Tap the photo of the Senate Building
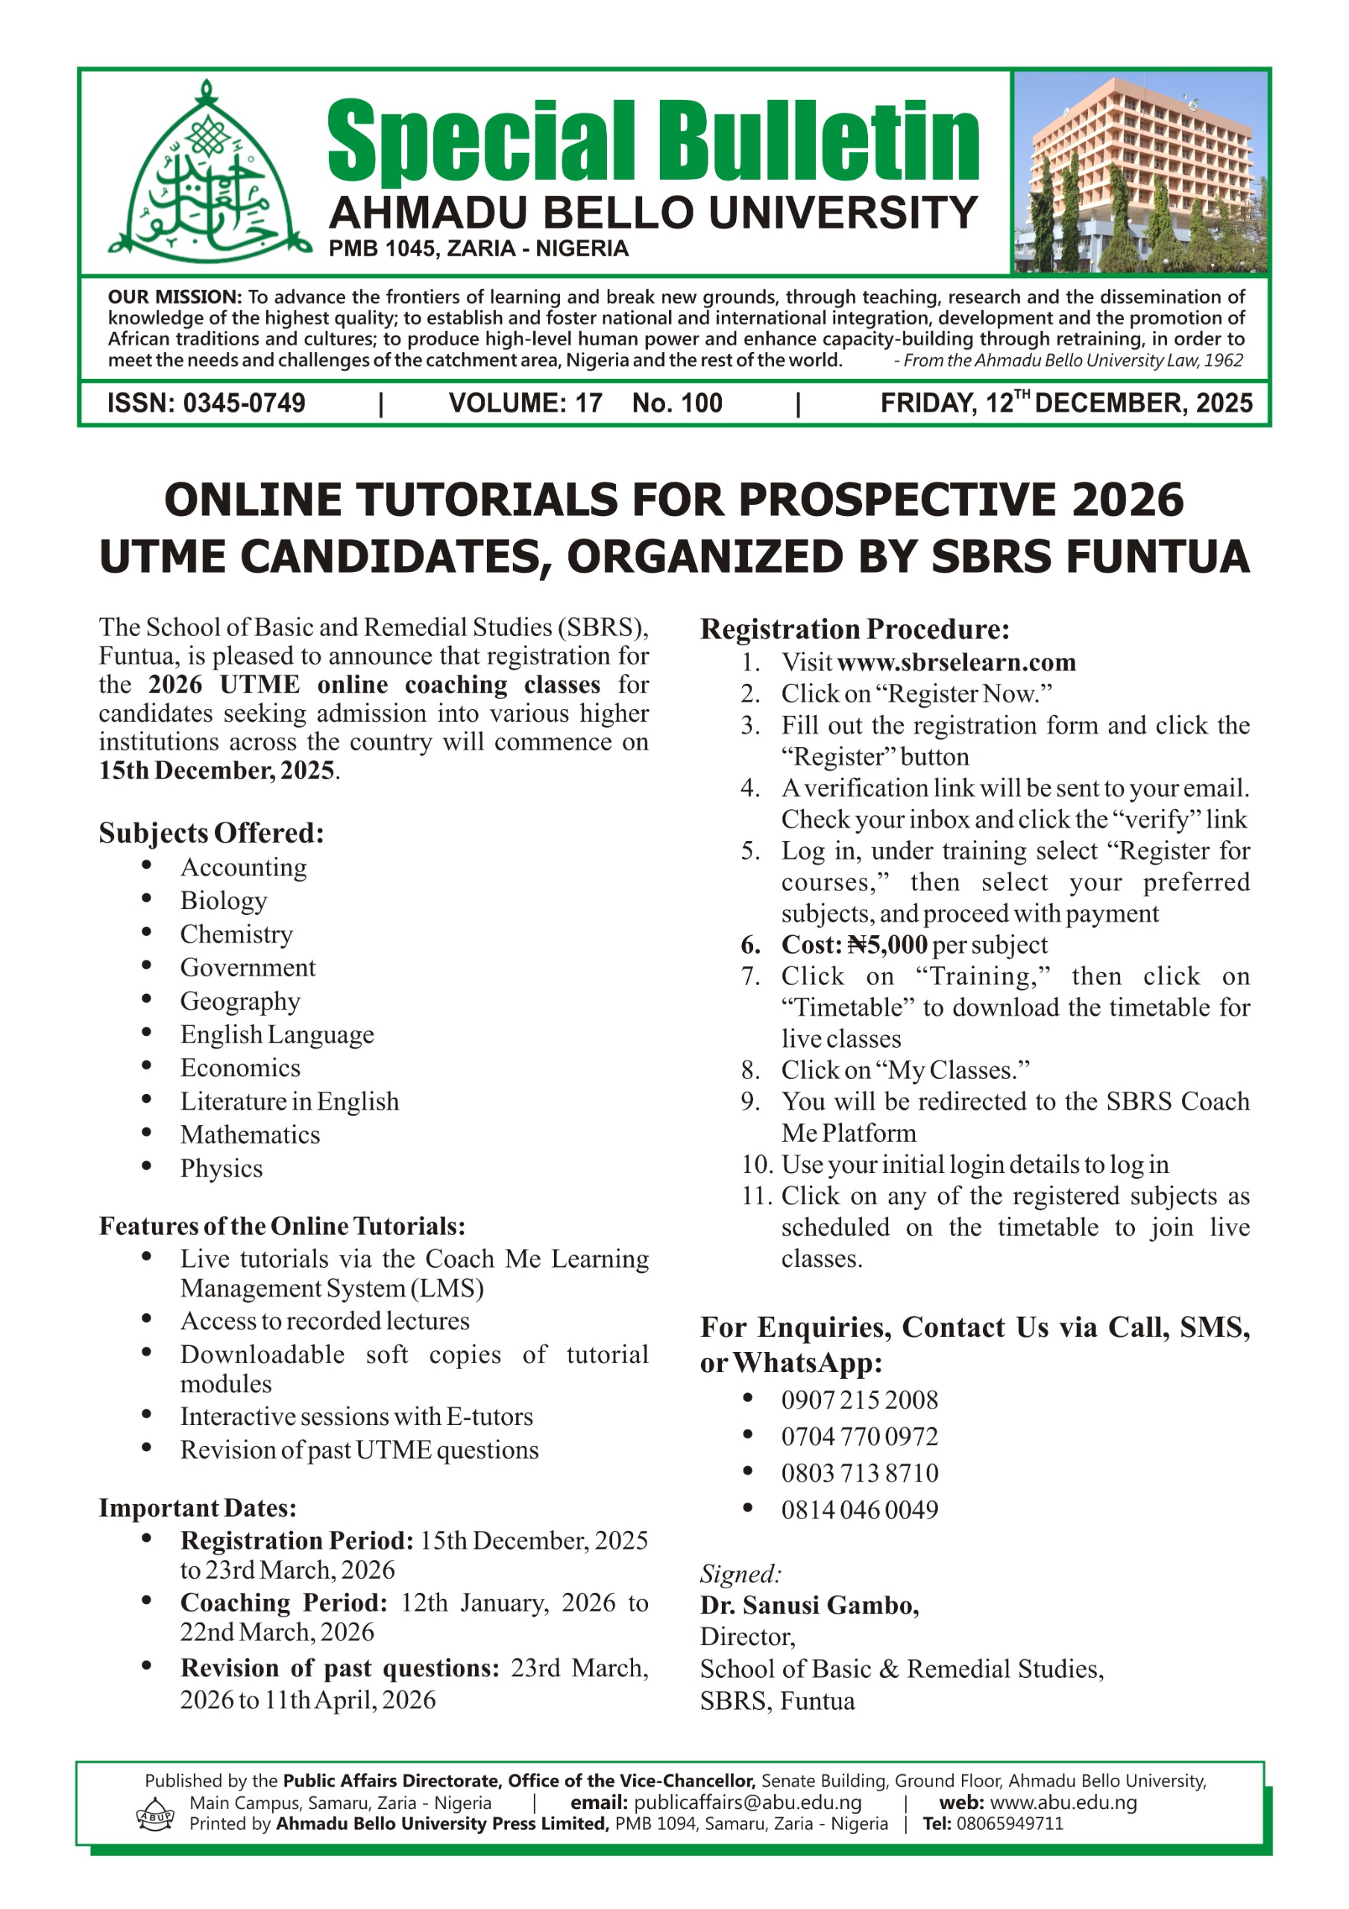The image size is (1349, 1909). click(x=1141, y=172)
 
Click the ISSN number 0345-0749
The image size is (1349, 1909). click(x=244, y=404)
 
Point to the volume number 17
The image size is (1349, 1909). click(x=589, y=404)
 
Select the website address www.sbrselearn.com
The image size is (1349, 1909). click(x=957, y=663)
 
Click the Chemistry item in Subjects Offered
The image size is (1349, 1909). click(x=236, y=934)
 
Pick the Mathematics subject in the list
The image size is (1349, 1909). click(x=250, y=1135)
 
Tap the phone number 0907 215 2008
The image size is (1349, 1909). click(x=859, y=1400)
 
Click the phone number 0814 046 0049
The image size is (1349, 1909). click(x=859, y=1510)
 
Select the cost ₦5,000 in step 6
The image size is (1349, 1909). click(x=887, y=946)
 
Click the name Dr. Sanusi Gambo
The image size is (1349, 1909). click(x=809, y=1605)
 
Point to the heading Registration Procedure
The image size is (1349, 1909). click(x=855, y=629)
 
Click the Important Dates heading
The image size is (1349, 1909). click(x=197, y=1509)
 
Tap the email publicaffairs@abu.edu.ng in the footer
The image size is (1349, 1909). click(x=747, y=1802)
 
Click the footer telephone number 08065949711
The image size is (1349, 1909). click(x=1010, y=1824)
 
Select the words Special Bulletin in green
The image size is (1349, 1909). click(x=653, y=139)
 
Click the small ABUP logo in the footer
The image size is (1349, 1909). click(x=154, y=1815)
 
